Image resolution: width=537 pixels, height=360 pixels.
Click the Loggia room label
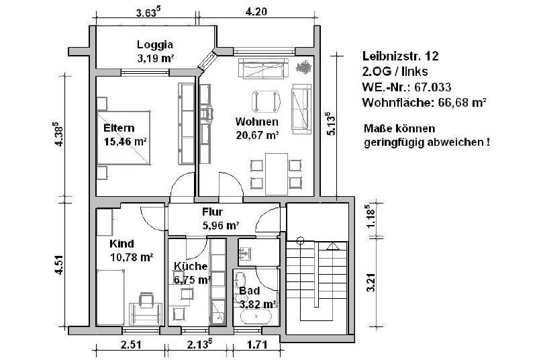click(x=155, y=45)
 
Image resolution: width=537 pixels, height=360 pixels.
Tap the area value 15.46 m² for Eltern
click(x=126, y=142)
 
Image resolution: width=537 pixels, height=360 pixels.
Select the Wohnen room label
click(x=257, y=122)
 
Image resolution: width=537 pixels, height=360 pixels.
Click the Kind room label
click(x=121, y=243)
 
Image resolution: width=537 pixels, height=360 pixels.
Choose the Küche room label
click(x=190, y=266)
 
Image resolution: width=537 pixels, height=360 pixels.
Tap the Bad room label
click(x=249, y=291)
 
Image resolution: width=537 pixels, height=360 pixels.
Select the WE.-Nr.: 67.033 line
click(x=406, y=87)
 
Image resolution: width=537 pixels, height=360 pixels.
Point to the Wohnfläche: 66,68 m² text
click(x=424, y=103)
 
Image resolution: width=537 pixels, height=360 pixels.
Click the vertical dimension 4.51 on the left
click(x=60, y=263)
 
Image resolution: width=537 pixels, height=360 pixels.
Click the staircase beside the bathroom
click(x=315, y=282)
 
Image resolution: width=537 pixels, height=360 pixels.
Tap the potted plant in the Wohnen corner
click(x=301, y=68)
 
